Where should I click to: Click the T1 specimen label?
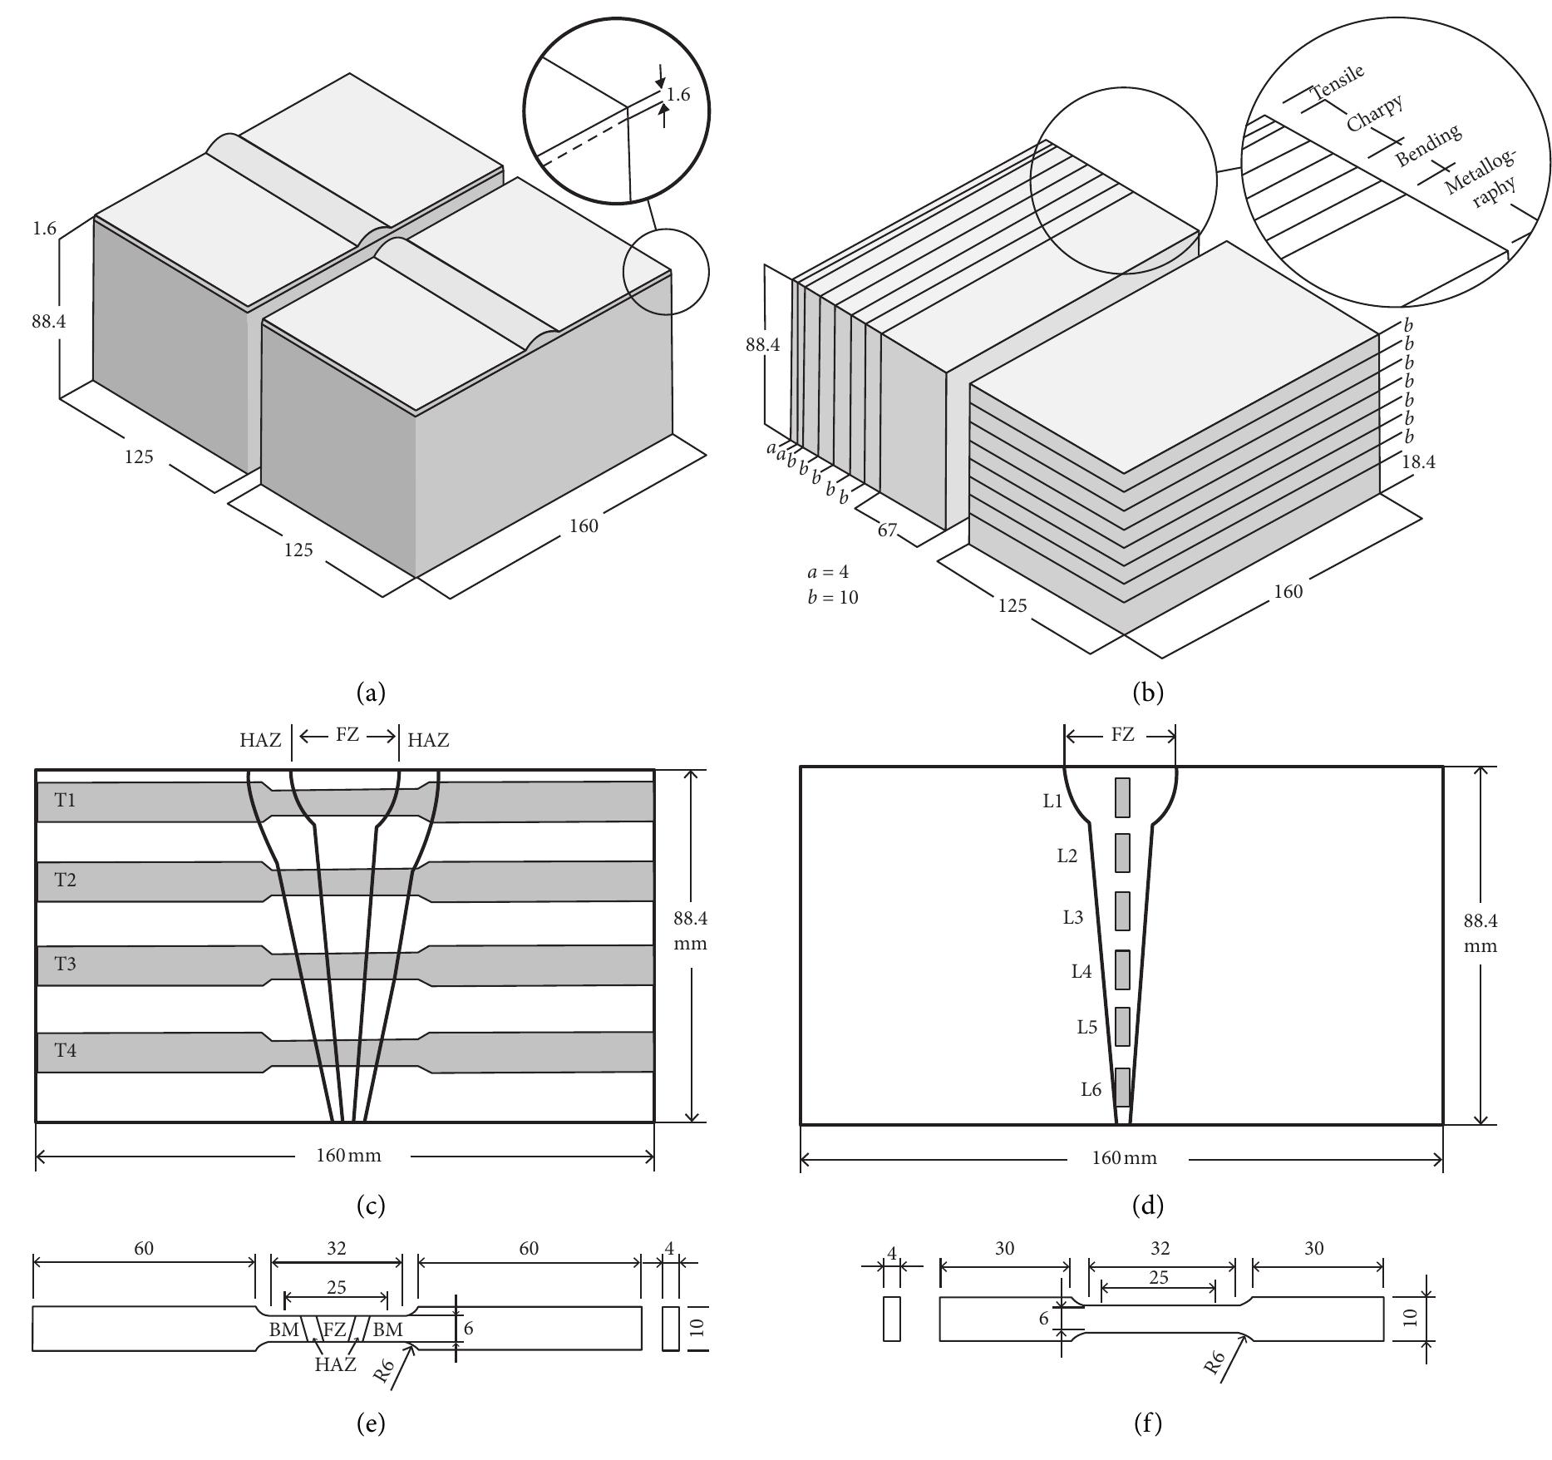tap(65, 800)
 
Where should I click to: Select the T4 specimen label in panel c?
tap(65, 1050)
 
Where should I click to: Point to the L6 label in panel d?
tap(1091, 1089)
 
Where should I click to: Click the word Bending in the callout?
tap(1428, 146)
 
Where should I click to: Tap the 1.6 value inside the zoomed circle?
tap(678, 95)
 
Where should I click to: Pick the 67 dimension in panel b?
tap(887, 529)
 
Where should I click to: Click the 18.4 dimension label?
tap(1418, 461)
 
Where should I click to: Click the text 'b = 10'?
tap(832, 597)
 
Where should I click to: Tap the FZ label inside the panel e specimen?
tap(334, 1329)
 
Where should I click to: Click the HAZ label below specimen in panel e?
tap(335, 1364)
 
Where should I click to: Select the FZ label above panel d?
tap(1121, 735)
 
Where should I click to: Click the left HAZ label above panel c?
tap(261, 740)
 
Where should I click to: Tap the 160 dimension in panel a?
tap(584, 525)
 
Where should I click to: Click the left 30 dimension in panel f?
tap(1004, 1249)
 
